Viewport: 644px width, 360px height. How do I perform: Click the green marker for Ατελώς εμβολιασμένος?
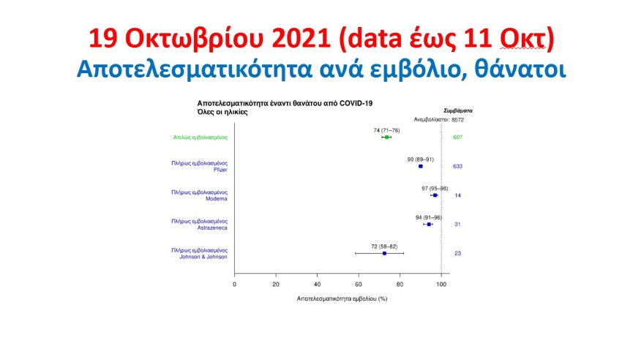click(x=387, y=137)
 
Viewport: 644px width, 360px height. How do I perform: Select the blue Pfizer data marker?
click(x=421, y=166)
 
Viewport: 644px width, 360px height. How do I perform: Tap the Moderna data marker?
click(x=435, y=195)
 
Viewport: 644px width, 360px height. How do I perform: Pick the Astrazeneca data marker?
click(x=429, y=224)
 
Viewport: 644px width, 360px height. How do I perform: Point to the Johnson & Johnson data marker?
click(x=384, y=253)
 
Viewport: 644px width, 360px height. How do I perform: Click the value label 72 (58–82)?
click(x=384, y=246)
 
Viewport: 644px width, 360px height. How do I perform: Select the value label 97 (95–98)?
click(x=435, y=188)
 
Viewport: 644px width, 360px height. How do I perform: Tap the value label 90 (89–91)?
click(x=420, y=159)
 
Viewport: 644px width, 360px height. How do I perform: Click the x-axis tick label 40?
click(x=317, y=284)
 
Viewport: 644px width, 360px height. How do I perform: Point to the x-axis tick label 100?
click(x=441, y=284)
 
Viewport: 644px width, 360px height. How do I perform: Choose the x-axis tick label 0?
click(x=234, y=284)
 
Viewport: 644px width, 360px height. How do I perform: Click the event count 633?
click(x=457, y=166)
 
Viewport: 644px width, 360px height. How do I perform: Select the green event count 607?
click(x=457, y=137)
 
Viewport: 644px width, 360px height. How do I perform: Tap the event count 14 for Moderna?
click(x=457, y=195)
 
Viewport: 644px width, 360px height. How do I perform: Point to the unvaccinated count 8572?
click(x=458, y=119)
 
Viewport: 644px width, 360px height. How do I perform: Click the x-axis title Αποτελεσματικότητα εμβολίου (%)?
click(x=342, y=299)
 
